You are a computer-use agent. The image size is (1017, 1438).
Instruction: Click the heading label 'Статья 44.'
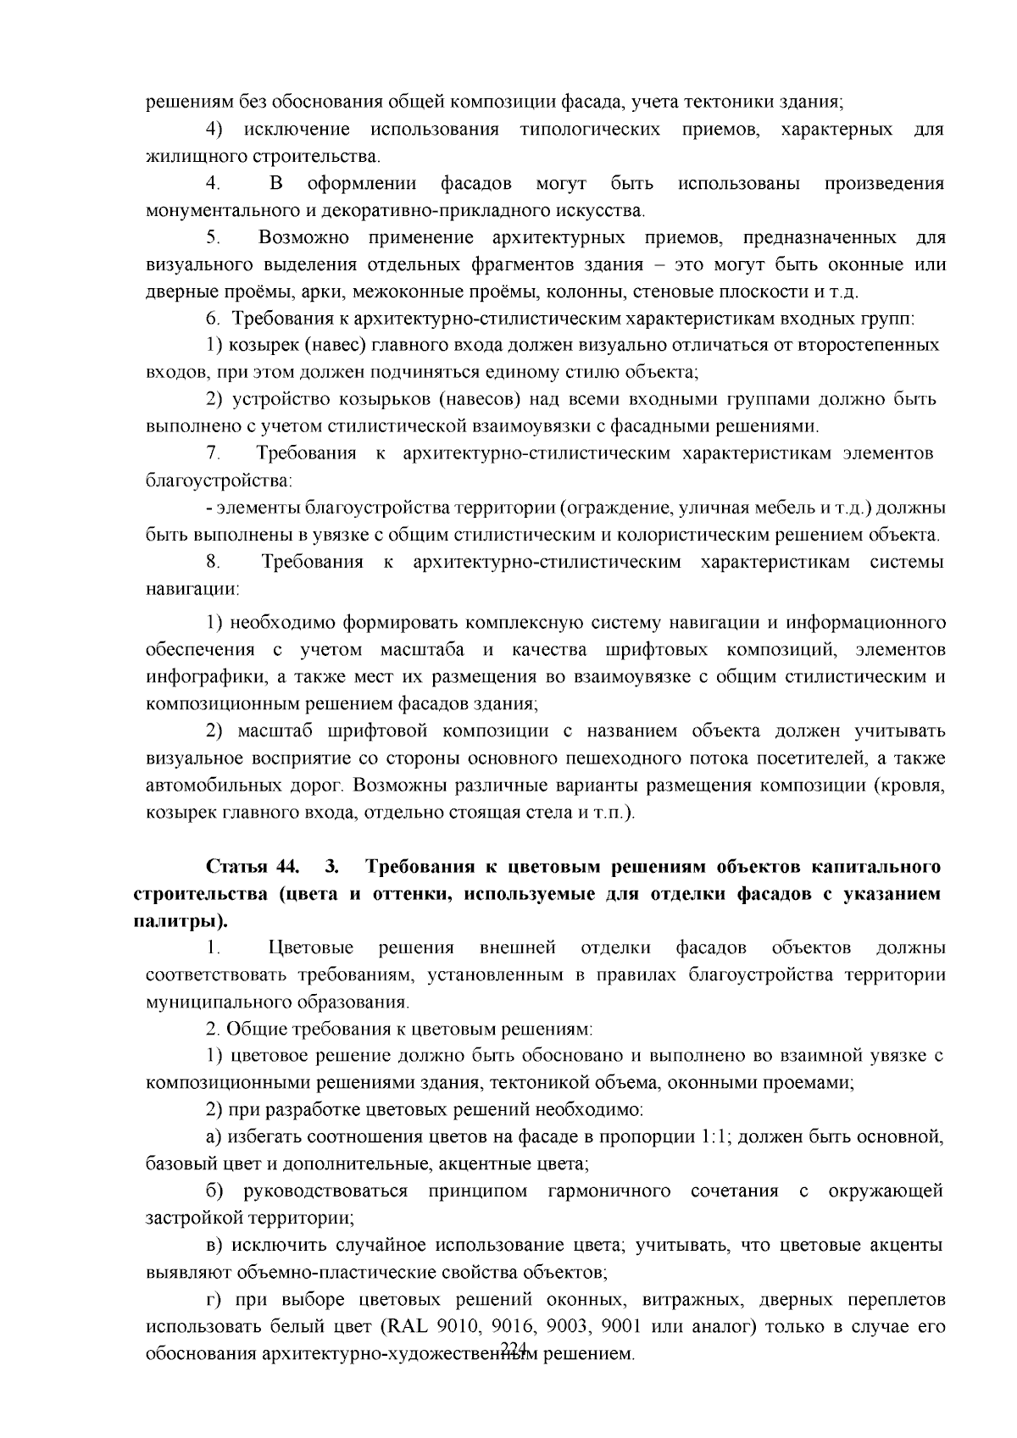coord(253,867)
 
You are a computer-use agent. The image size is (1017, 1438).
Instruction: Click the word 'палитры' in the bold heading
coord(179,921)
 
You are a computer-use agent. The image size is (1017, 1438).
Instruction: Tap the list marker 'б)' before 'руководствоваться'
coord(215,1191)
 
